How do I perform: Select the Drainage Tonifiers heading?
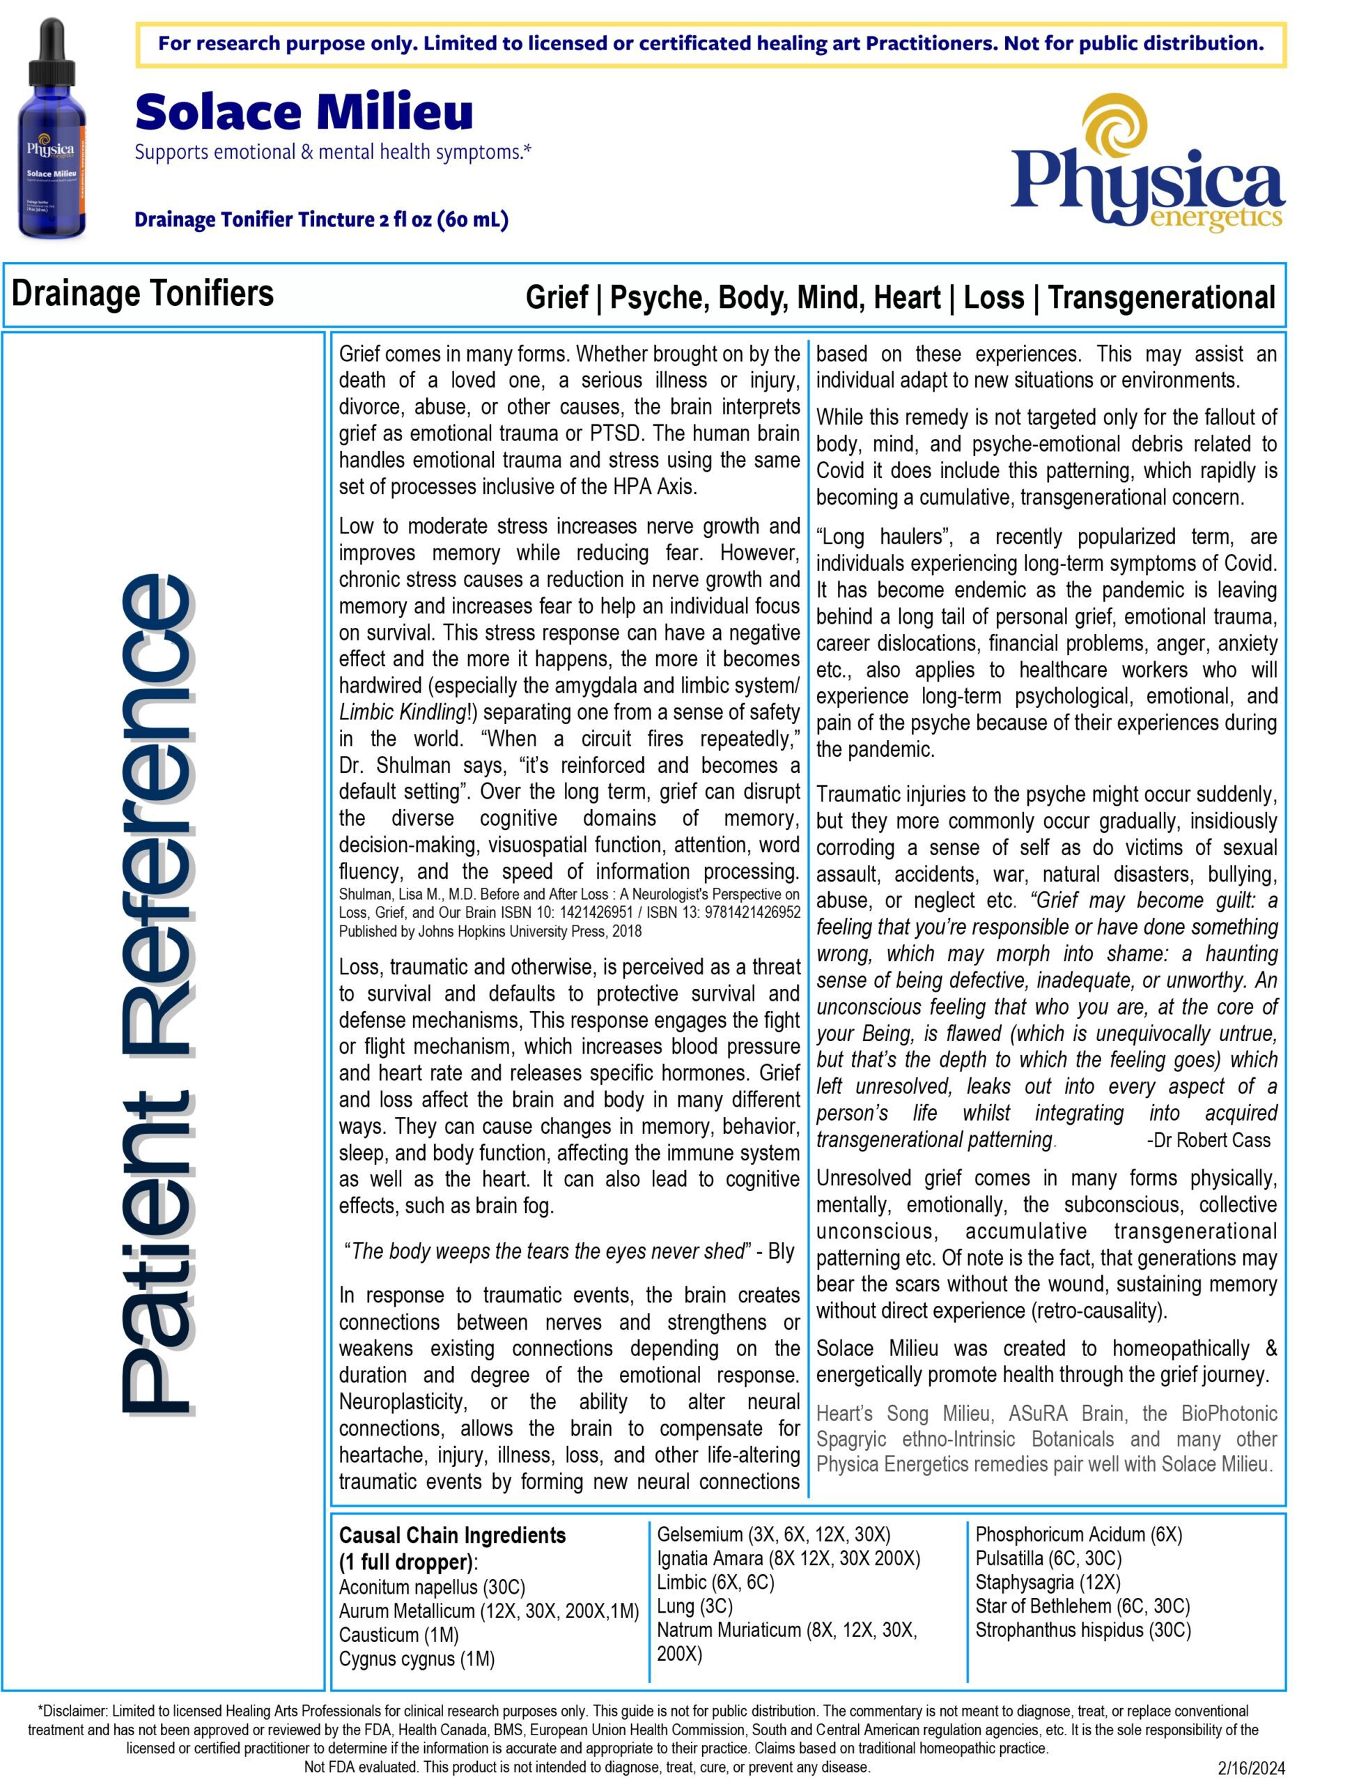(143, 293)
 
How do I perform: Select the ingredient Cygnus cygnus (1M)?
(417, 1659)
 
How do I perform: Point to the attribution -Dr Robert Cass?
(1208, 1139)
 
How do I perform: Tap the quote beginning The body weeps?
(568, 1251)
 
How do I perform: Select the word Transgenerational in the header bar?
(1162, 298)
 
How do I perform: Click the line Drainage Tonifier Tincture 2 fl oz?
(321, 220)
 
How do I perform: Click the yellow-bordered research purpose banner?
(710, 43)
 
